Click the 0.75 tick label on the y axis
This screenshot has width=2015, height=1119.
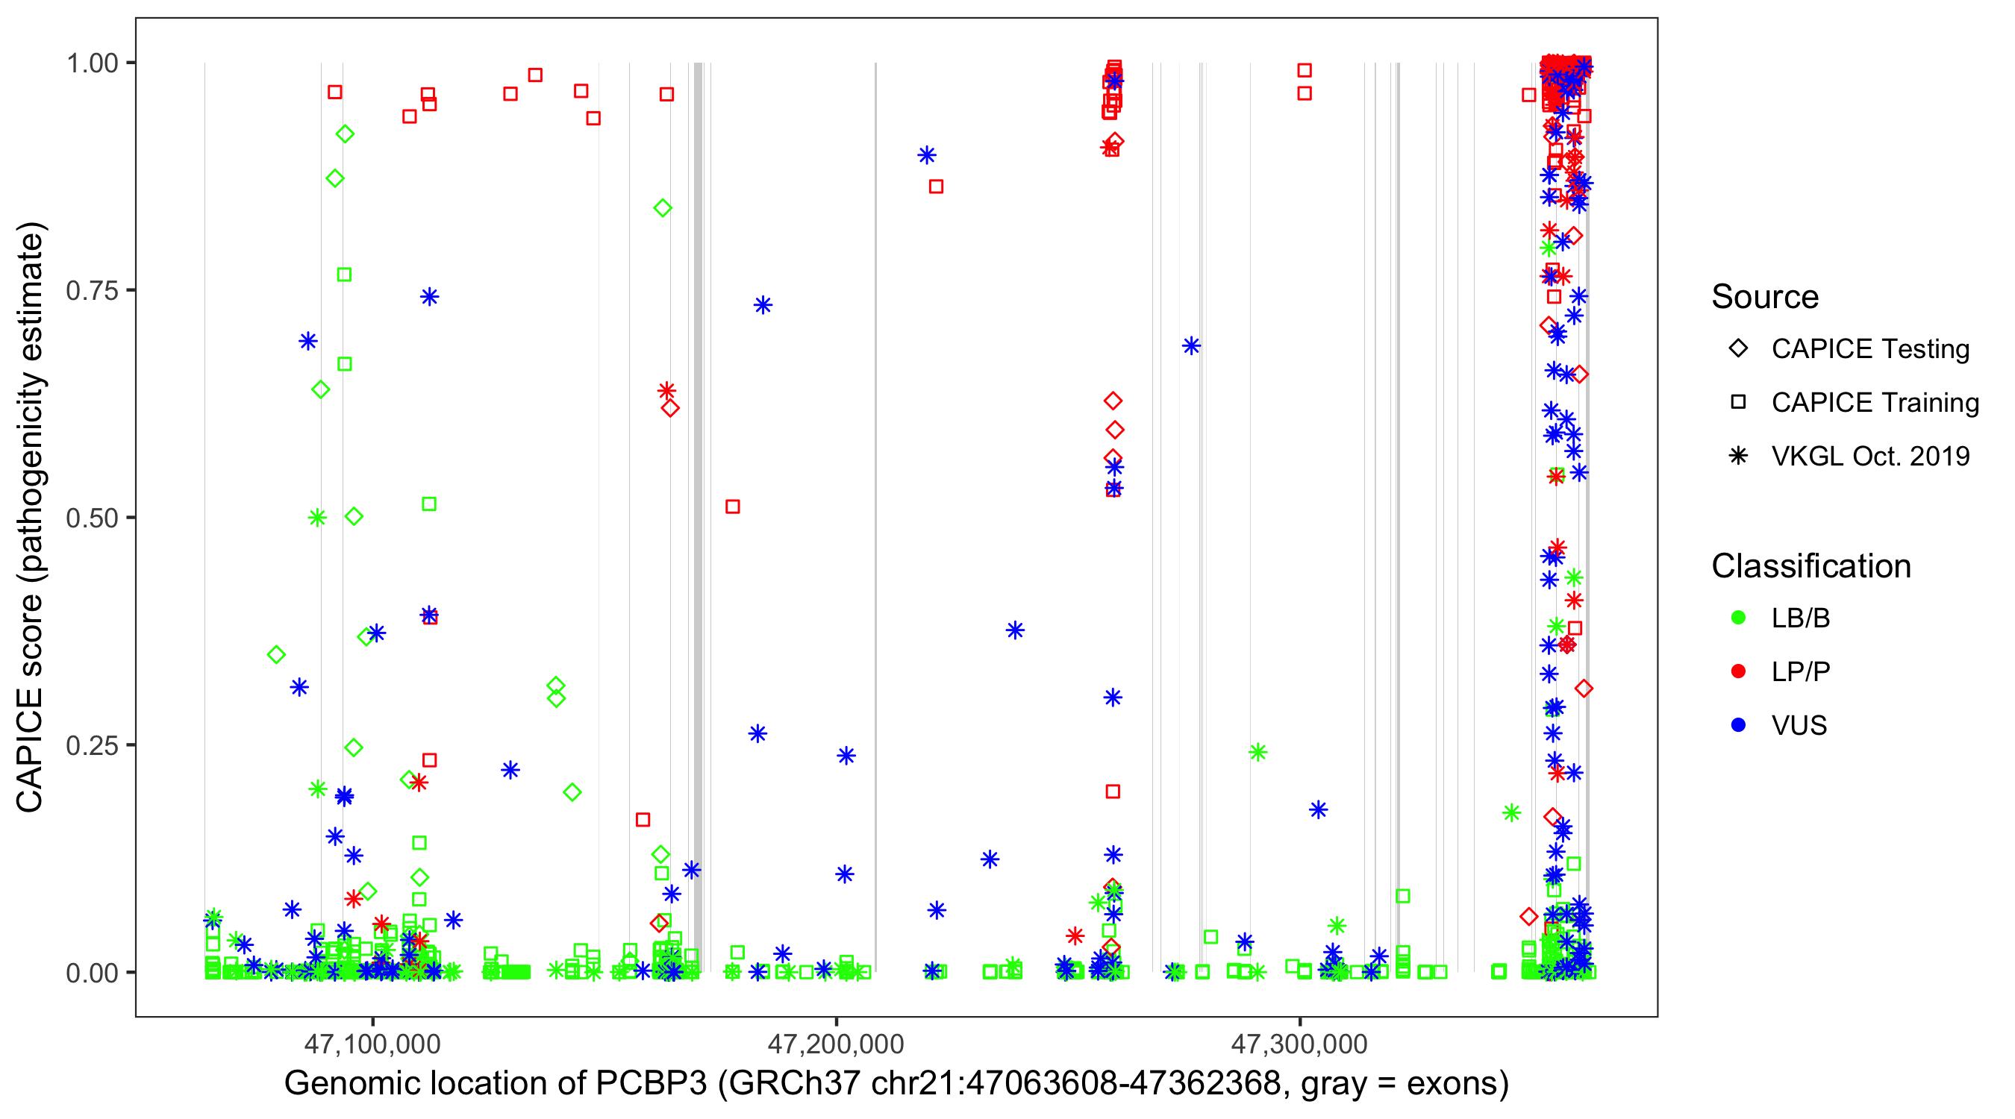click(x=91, y=291)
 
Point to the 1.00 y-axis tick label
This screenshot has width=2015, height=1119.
click(x=91, y=63)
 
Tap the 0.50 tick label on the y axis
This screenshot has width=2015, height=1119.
click(x=91, y=518)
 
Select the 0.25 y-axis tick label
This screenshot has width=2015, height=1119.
click(x=91, y=745)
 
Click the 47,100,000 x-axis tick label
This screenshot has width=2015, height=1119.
click(x=372, y=1043)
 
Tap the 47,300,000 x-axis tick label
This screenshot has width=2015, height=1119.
click(x=1299, y=1043)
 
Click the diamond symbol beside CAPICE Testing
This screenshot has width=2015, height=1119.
click(x=1738, y=349)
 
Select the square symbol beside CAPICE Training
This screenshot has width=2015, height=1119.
click(x=1738, y=402)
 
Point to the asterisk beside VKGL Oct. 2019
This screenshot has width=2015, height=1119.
click(x=1738, y=456)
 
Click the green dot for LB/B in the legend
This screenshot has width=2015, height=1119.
click(x=1738, y=618)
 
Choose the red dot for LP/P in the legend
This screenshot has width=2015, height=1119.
click(x=1738, y=671)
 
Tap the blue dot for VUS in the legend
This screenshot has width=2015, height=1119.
click(x=1738, y=725)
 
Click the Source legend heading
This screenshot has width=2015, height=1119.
click(x=1765, y=297)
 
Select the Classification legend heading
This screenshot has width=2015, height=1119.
click(x=1811, y=566)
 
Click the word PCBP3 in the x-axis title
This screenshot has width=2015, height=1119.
click(x=651, y=1084)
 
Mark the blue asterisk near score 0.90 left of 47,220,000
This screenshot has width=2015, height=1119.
click(x=927, y=155)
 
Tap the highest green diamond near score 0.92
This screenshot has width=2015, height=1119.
click(x=345, y=134)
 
